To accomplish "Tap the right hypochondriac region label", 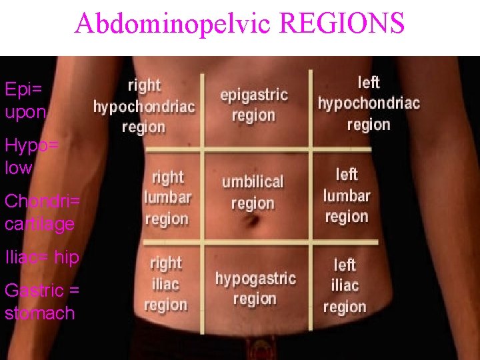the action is coord(144,106).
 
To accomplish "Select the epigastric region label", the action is coord(253,105).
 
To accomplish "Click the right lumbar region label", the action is coord(167,198).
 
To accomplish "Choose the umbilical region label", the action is coord(253,192).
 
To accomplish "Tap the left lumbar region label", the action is coord(347,195).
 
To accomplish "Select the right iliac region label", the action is coord(165,285).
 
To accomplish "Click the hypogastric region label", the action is coord(255,288).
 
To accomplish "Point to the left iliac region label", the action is coord(345,286).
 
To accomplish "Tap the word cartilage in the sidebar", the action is coord(39,224).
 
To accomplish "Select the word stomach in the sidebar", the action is coord(39,313).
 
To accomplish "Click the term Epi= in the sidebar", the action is coord(23,89).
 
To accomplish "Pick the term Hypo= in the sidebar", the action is coord(31,145).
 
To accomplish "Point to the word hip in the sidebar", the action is coord(67,257).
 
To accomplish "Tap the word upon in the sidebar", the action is coord(25,112).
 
